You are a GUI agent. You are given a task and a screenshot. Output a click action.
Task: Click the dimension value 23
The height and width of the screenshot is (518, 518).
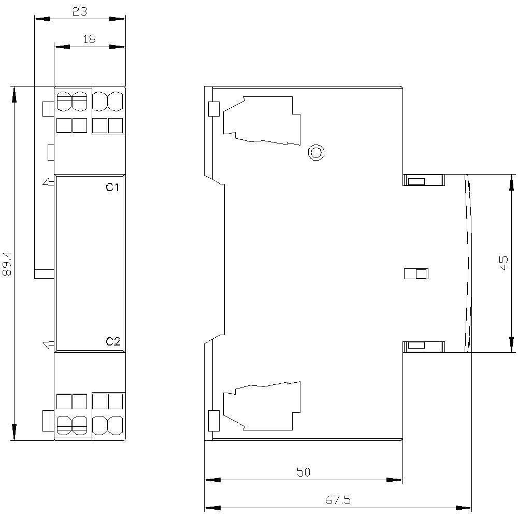(79, 11)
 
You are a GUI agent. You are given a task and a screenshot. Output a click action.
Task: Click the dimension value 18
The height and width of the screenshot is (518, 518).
(89, 39)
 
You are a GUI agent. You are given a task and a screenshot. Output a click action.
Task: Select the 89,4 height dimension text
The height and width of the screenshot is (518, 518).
(7, 263)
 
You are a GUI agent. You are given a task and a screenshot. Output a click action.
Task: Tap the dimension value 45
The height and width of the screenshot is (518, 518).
(503, 263)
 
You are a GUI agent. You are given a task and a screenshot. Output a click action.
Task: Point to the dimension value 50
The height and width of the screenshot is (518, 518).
(303, 472)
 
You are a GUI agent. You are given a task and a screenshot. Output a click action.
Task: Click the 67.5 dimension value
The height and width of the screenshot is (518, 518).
(338, 500)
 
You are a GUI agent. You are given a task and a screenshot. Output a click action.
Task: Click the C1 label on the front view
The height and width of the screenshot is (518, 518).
(113, 187)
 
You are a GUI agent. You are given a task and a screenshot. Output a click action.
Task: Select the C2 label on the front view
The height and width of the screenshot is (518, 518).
(113, 341)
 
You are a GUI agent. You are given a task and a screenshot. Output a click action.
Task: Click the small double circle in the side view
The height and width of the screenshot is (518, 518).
(316, 152)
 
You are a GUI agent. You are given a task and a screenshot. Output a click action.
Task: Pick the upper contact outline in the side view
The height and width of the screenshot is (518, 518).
(262, 120)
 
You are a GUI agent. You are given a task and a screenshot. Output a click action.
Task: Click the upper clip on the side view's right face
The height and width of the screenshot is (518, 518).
(424, 180)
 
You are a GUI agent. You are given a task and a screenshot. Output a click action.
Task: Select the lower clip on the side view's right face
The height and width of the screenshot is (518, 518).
(424, 346)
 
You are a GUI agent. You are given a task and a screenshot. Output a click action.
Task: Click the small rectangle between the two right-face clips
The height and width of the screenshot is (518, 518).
(416, 274)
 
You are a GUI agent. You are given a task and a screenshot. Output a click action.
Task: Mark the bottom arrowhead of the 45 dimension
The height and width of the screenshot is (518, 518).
(512, 344)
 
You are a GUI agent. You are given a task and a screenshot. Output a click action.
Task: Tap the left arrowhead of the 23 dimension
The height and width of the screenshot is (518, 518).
(41, 19)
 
